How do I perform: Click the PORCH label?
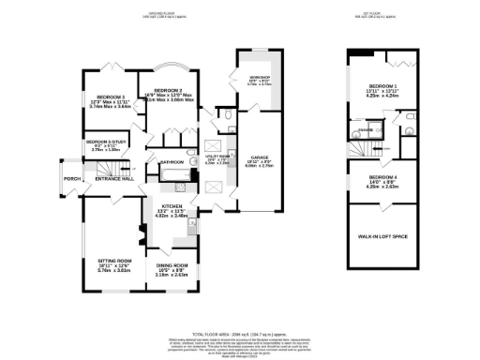click(x=67, y=178)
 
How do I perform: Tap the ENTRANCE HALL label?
click(x=114, y=178)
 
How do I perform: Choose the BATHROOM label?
click(x=172, y=161)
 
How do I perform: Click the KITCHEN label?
click(x=172, y=206)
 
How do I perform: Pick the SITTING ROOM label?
click(x=114, y=260)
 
